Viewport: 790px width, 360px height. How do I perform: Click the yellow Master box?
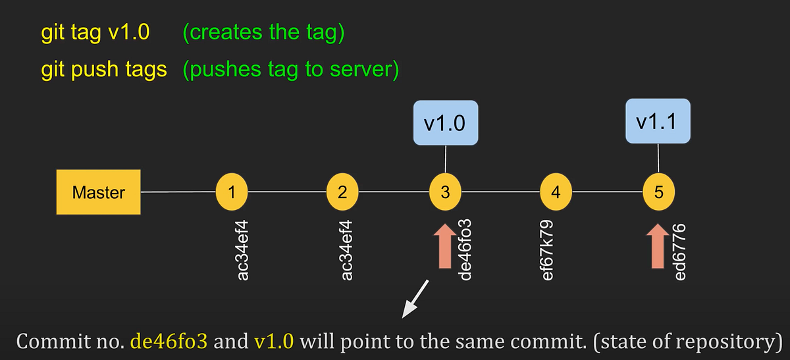[x=99, y=193]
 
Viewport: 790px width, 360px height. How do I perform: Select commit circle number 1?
[x=230, y=192]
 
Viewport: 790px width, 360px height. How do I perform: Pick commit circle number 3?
[x=446, y=192]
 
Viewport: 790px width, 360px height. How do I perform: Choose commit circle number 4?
[x=556, y=192]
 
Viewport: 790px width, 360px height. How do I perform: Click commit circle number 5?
[x=659, y=192]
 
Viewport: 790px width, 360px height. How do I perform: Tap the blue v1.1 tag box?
[x=658, y=121]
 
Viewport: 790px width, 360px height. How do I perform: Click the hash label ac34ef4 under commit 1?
[x=243, y=253]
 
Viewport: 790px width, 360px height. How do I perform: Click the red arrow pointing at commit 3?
[x=446, y=246]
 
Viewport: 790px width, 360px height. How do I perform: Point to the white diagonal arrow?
[x=415, y=297]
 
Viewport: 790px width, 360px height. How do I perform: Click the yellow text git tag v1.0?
[x=95, y=33]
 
